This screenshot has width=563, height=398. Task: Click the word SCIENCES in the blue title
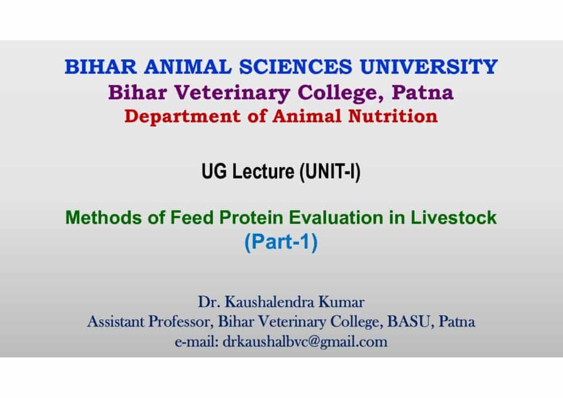click(x=295, y=67)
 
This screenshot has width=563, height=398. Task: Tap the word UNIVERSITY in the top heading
click(x=429, y=67)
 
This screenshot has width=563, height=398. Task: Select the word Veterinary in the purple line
click(x=233, y=92)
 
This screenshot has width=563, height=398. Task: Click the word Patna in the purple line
click(x=423, y=92)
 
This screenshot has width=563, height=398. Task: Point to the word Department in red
click(x=183, y=117)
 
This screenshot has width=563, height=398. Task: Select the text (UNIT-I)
click(x=330, y=172)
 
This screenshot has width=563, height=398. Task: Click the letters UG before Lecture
click(x=214, y=171)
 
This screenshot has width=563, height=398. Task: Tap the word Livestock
click(x=454, y=218)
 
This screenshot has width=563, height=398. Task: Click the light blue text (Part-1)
click(x=281, y=242)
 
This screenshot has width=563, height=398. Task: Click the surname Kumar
click(x=341, y=302)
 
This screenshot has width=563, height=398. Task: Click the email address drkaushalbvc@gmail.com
click(x=305, y=342)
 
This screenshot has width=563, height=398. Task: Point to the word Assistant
click(x=115, y=322)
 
